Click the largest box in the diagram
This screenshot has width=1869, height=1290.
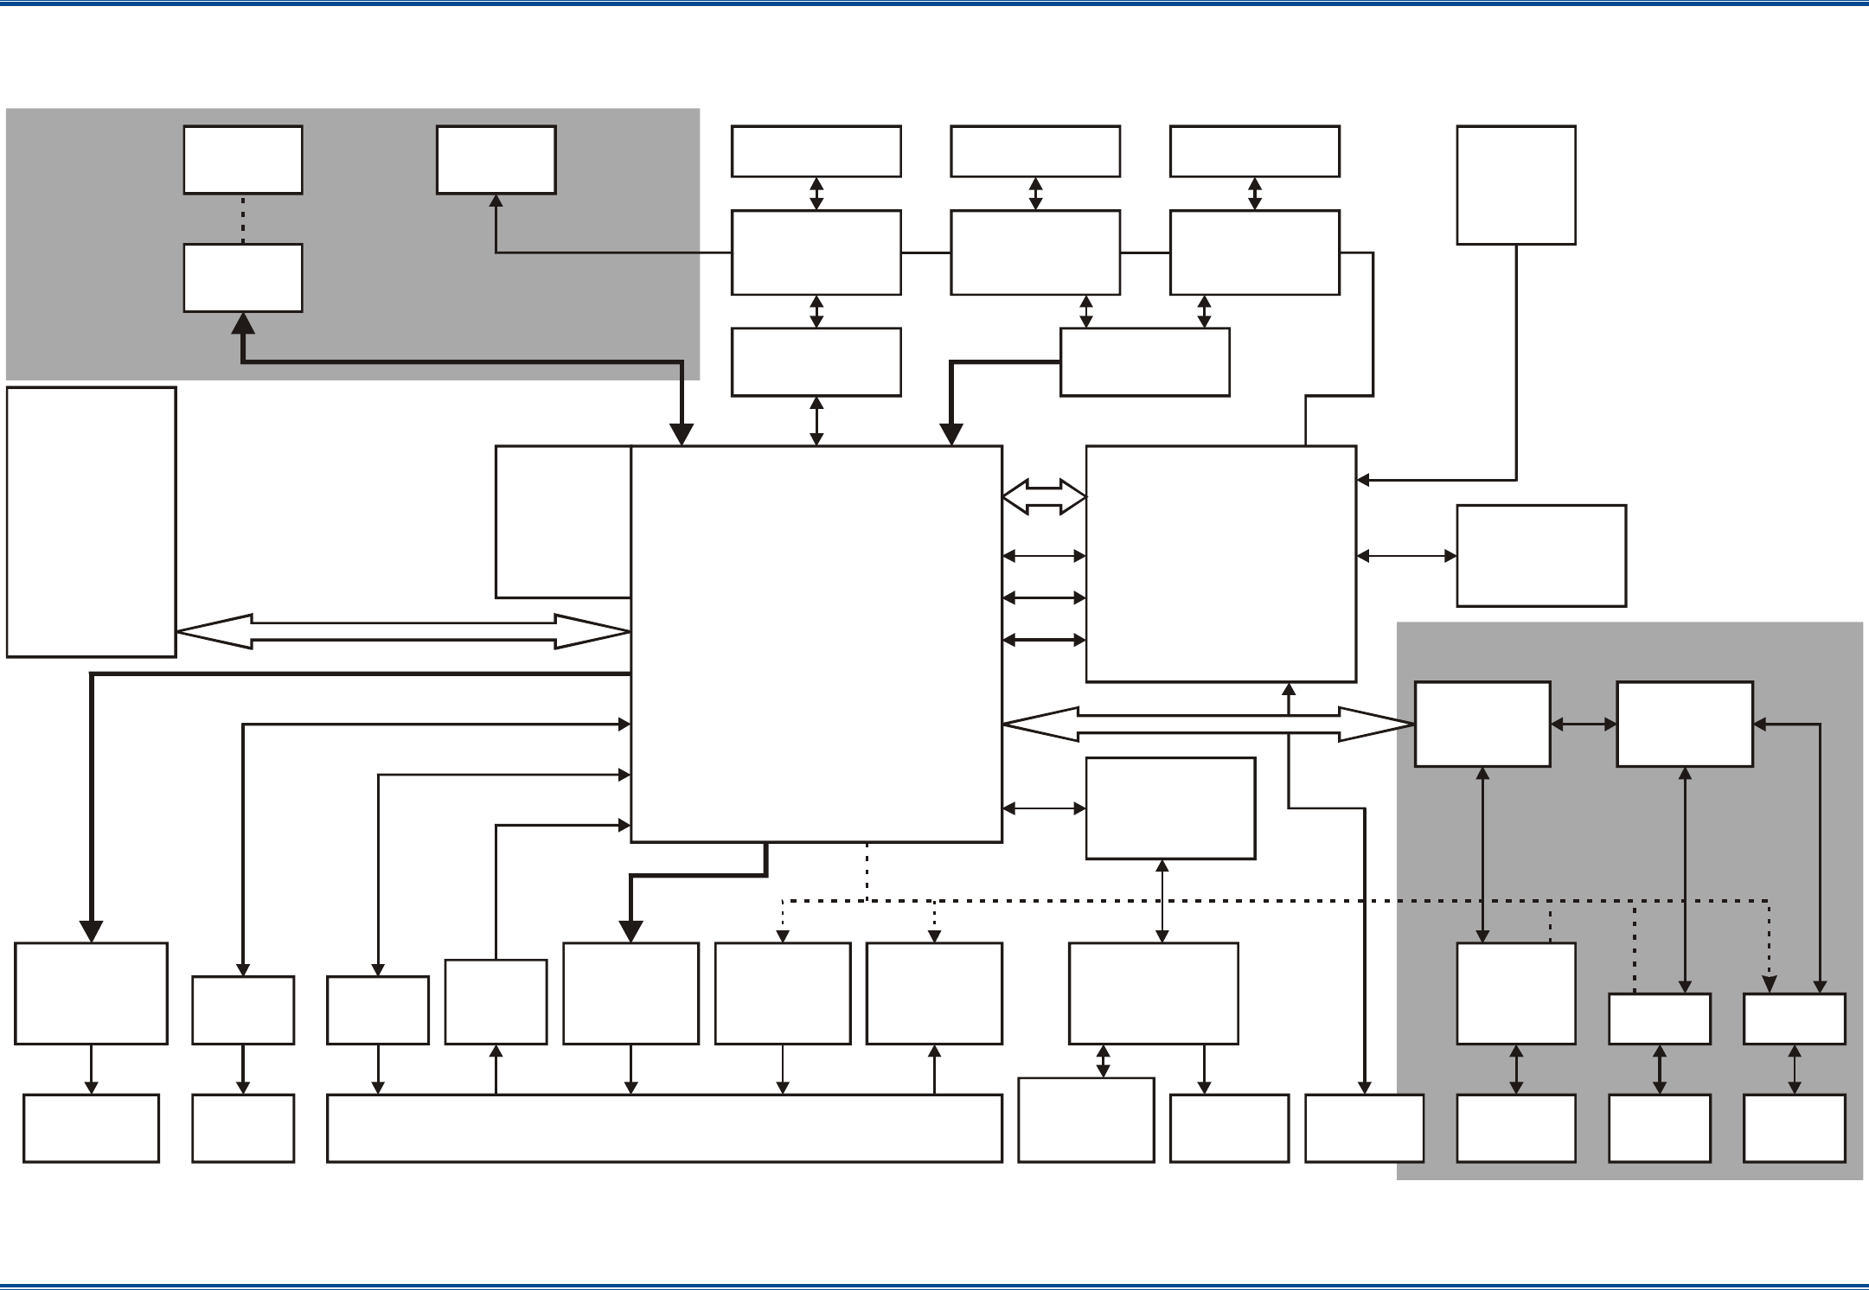coord(816,643)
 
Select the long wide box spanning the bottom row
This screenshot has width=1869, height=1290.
coord(664,1127)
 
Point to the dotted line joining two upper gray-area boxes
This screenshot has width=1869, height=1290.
coord(243,219)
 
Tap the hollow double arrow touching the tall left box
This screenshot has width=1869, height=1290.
coord(403,631)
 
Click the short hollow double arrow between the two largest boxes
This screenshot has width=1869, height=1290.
coord(1044,497)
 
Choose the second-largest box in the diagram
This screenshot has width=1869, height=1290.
coord(1220,564)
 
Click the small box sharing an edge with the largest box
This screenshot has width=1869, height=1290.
coord(562,521)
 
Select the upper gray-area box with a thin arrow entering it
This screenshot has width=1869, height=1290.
coord(496,160)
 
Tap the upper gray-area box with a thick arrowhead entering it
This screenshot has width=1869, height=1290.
coord(243,278)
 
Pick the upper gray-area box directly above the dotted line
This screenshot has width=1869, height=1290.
coord(243,160)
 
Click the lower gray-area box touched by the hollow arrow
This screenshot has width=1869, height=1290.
coord(1482,724)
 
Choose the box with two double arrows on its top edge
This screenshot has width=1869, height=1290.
coord(1144,361)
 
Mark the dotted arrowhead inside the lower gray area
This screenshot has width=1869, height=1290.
coord(1769,984)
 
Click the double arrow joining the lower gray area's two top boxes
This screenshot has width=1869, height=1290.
coord(1584,725)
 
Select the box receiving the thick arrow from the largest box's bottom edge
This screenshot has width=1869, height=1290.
coord(630,993)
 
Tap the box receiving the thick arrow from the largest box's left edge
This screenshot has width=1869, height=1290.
coord(91,993)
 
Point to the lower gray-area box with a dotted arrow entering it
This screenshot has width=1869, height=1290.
coord(1794,1019)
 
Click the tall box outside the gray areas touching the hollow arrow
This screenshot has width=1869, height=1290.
coord(91,521)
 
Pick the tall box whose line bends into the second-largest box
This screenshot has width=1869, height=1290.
coord(1515,185)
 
